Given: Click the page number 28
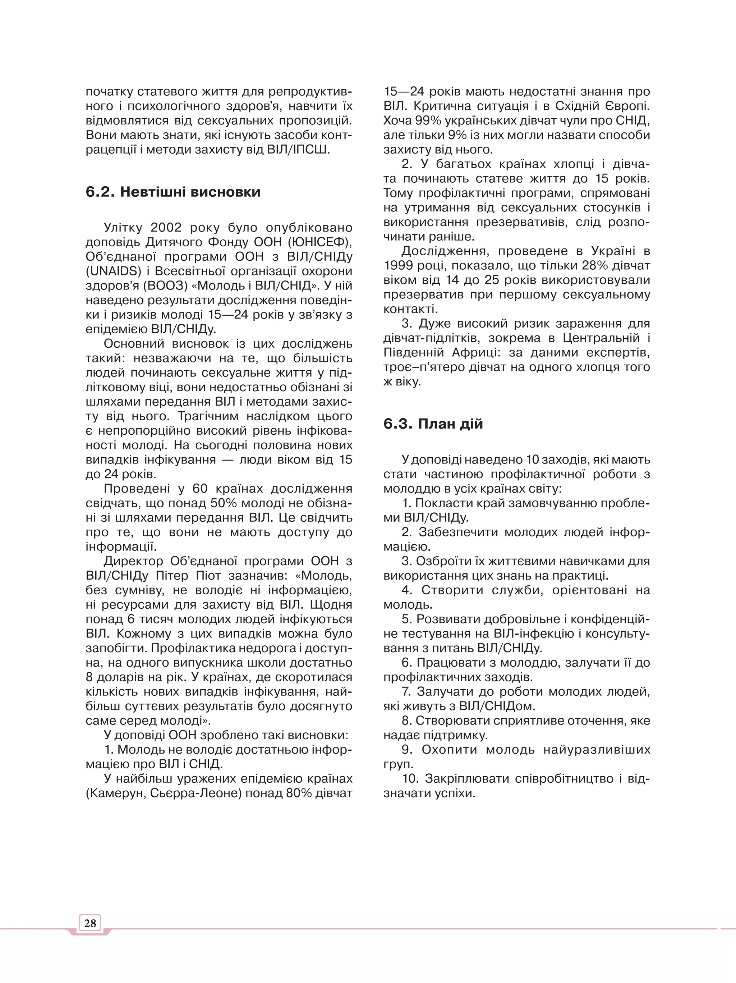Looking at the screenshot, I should pyautogui.click(x=90, y=923).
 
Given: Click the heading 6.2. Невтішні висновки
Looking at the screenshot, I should pyautogui.click(x=173, y=192).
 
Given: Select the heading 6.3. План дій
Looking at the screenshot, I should pyautogui.click(x=433, y=424).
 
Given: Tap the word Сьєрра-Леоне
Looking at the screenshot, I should pyautogui.click(x=195, y=793).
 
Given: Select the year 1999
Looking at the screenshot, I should pyautogui.click(x=399, y=266).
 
